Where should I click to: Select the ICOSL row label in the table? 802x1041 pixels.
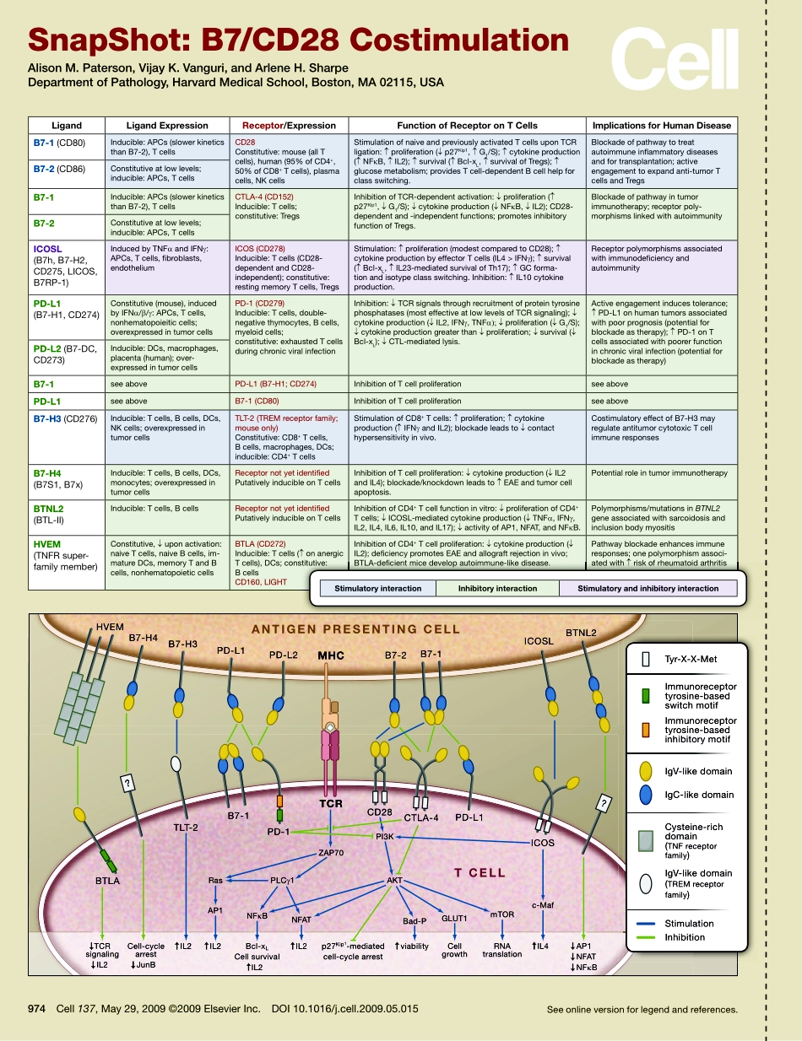[x=48, y=250]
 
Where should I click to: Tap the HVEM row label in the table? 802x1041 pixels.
[x=48, y=544]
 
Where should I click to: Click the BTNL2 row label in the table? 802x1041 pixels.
[x=49, y=509]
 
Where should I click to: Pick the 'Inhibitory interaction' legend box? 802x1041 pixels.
[x=497, y=588]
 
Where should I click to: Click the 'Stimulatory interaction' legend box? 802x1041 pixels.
[x=377, y=588]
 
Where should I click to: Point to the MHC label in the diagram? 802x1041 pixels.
[x=331, y=655]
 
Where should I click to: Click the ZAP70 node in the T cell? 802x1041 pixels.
[x=331, y=853]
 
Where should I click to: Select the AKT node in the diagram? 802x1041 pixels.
[x=394, y=880]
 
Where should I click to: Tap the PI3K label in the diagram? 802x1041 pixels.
[x=385, y=835]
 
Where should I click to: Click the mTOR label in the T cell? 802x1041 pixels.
[x=502, y=914]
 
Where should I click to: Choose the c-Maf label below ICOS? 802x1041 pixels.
[x=542, y=905]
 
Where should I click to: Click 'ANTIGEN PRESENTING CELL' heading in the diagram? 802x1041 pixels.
[x=355, y=628]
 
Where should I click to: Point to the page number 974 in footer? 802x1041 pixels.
[x=36, y=1008]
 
